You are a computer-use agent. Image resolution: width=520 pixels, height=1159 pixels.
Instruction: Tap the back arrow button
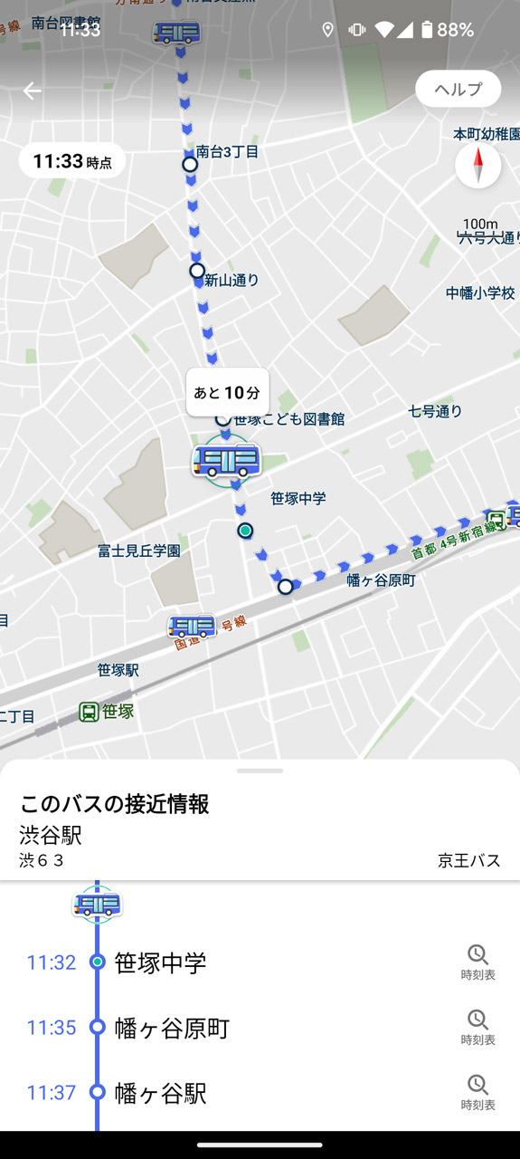click(x=32, y=91)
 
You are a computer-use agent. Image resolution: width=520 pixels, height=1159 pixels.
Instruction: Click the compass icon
click(x=477, y=166)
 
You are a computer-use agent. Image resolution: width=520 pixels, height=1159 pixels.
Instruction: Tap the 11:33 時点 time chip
click(x=72, y=162)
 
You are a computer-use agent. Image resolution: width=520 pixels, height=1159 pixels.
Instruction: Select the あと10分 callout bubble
click(x=227, y=392)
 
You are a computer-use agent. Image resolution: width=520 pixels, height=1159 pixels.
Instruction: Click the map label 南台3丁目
click(x=227, y=152)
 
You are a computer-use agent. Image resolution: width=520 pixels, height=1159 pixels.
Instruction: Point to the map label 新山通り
click(x=232, y=280)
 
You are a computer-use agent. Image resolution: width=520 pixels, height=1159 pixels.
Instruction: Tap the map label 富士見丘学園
click(x=139, y=551)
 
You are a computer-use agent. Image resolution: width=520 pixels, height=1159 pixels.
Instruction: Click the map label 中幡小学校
click(x=480, y=293)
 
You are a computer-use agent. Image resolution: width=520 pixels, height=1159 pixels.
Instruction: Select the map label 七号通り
click(x=435, y=411)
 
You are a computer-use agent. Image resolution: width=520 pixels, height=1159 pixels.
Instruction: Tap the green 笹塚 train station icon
click(x=89, y=712)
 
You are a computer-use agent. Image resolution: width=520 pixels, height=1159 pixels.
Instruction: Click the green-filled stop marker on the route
click(x=245, y=531)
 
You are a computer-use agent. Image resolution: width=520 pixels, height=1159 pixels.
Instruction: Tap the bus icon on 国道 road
click(x=192, y=626)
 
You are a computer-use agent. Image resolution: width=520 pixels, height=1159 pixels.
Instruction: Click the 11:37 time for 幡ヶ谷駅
click(x=51, y=1093)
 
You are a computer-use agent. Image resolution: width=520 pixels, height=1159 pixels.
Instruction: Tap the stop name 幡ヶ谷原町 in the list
click(x=172, y=1028)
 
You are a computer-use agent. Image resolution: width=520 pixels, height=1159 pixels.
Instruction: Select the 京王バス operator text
click(x=468, y=860)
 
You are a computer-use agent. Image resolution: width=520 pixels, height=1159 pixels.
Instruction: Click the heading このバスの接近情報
click(x=114, y=803)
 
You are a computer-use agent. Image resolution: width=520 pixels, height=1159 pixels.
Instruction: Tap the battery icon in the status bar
click(x=427, y=30)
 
